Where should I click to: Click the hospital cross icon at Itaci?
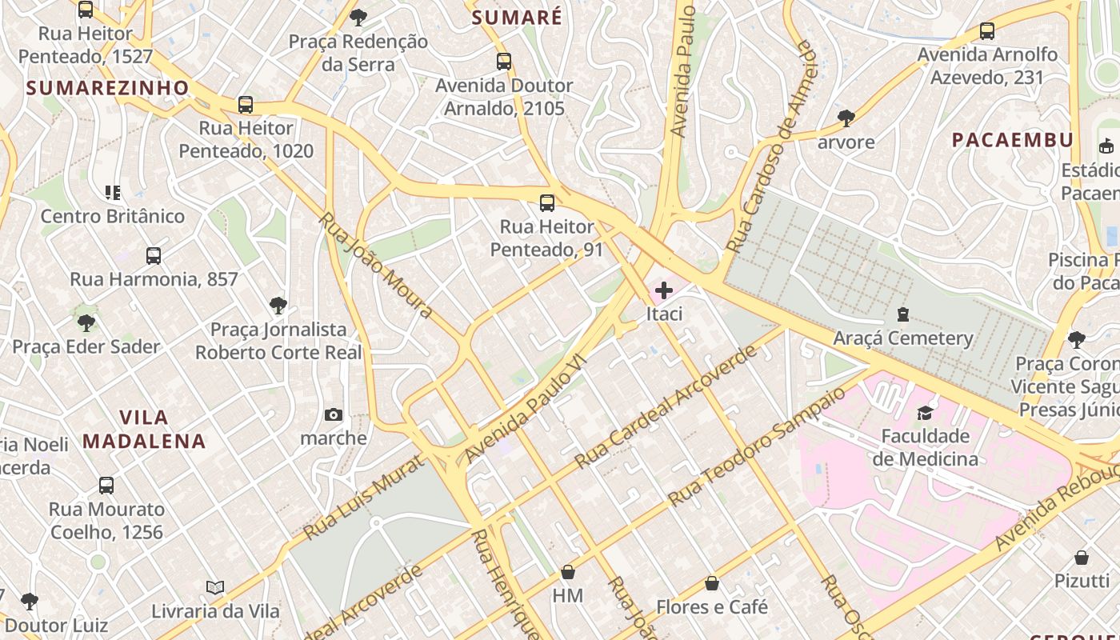pyautogui.click(x=664, y=291)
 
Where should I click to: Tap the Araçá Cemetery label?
pyautogui.click(x=903, y=338)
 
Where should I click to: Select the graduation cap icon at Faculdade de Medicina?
pyautogui.click(x=925, y=413)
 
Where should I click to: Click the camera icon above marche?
pyautogui.click(x=334, y=414)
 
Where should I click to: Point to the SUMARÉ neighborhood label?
pyautogui.click(x=517, y=18)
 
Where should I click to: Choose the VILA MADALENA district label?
pyautogui.click(x=144, y=429)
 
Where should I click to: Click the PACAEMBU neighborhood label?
pyautogui.click(x=1012, y=140)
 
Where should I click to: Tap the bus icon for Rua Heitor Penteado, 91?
pyautogui.click(x=547, y=203)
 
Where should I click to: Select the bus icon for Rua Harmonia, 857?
pyautogui.click(x=154, y=256)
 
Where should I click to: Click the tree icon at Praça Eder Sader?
pyautogui.click(x=86, y=323)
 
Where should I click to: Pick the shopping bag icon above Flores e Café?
pyautogui.click(x=712, y=584)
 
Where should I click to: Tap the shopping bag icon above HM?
pyautogui.click(x=568, y=572)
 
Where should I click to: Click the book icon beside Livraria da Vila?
pyautogui.click(x=214, y=588)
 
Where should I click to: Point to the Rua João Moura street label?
pyautogui.click(x=376, y=265)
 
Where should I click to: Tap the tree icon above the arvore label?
pyautogui.click(x=846, y=118)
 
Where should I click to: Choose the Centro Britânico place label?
pyautogui.click(x=113, y=216)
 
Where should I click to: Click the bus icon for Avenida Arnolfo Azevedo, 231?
pyautogui.click(x=987, y=31)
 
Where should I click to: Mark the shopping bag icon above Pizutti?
pyautogui.click(x=1082, y=558)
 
